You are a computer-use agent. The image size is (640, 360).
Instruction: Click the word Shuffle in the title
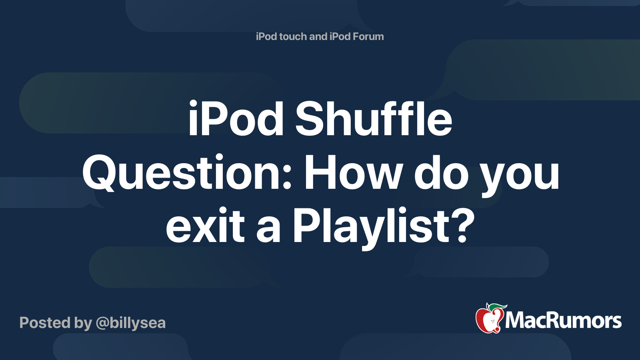point(374,119)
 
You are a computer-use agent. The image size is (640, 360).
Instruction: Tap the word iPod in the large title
point(236,119)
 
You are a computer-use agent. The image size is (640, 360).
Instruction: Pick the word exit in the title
point(205,226)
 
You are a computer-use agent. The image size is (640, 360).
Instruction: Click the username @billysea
point(130,323)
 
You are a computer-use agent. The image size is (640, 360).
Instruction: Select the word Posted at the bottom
point(45,323)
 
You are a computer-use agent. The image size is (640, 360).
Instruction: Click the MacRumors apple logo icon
point(489,319)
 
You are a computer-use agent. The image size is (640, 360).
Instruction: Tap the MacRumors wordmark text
point(563,321)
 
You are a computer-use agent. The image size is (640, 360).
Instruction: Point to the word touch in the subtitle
point(293,37)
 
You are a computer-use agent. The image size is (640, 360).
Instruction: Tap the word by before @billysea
point(83,323)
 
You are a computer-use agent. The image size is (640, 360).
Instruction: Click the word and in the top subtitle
point(318,37)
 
